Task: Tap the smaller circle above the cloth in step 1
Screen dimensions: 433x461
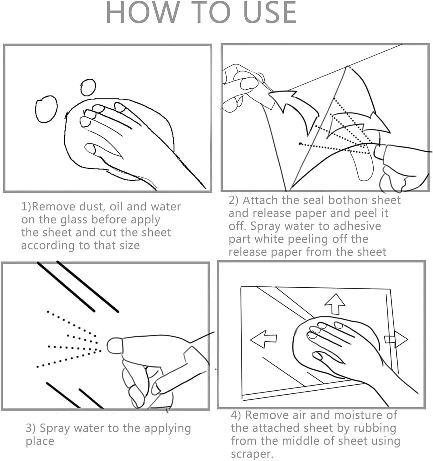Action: click(x=88, y=87)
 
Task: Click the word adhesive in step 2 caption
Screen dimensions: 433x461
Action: click(x=357, y=226)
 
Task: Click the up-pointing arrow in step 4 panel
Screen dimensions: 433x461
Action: click(x=335, y=304)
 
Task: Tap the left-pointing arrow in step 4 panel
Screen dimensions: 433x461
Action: click(x=263, y=339)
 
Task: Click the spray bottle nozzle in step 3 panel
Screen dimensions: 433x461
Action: click(x=114, y=345)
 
